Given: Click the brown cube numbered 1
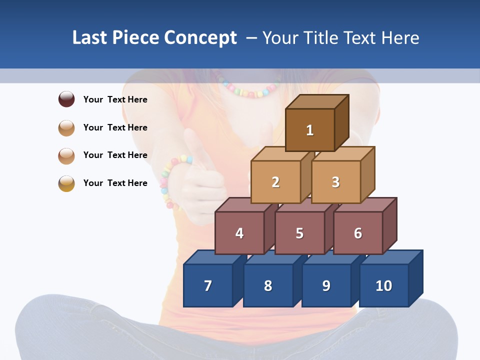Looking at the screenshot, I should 310,130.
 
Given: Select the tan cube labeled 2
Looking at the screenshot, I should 275,182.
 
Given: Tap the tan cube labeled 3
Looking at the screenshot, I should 335,182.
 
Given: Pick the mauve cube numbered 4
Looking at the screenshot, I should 239,233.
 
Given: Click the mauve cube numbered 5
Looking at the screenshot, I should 299,233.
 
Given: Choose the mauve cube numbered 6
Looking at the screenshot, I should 358,233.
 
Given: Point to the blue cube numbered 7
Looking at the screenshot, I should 208,285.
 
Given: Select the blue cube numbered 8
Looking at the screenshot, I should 268,285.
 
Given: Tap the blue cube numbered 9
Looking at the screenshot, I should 326,285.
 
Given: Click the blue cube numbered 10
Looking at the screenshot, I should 383,285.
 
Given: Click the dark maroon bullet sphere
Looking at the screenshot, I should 66,99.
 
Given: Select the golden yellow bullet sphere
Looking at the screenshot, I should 66,183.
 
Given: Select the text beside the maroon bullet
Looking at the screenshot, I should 115,99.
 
